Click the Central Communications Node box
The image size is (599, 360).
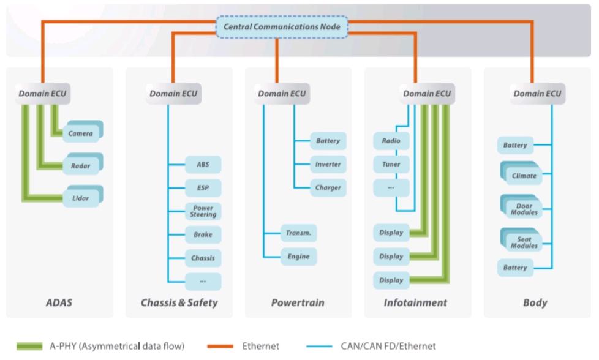pyautogui.click(x=282, y=27)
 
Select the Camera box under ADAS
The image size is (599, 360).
pyautogui.click(x=81, y=133)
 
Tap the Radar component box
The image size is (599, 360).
pyautogui.click(x=81, y=165)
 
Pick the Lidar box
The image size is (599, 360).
pyautogui.click(x=81, y=198)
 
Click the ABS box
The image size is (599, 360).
pyautogui.click(x=203, y=165)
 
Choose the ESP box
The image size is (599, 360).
pyautogui.click(x=203, y=188)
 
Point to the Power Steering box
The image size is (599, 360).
pyautogui.click(x=203, y=211)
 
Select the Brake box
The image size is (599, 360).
pyautogui.click(x=203, y=234)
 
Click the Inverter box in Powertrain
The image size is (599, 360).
pyautogui.click(x=328, y=164)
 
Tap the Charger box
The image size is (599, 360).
pyautogui.click(x=328, y=187)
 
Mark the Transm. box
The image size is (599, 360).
pyautogui.click(x=298, y=233)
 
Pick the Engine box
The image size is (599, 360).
pyautogui.click(x=298, y=257)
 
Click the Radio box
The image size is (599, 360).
pyautogui.click(x=391, y=141)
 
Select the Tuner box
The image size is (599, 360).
pyautogui.click(x=391, y=165)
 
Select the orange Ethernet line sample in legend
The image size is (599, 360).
pyautogui.click(x=216, y=347)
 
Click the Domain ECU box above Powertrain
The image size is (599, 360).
pyautogui.click(x=282, y=94)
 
